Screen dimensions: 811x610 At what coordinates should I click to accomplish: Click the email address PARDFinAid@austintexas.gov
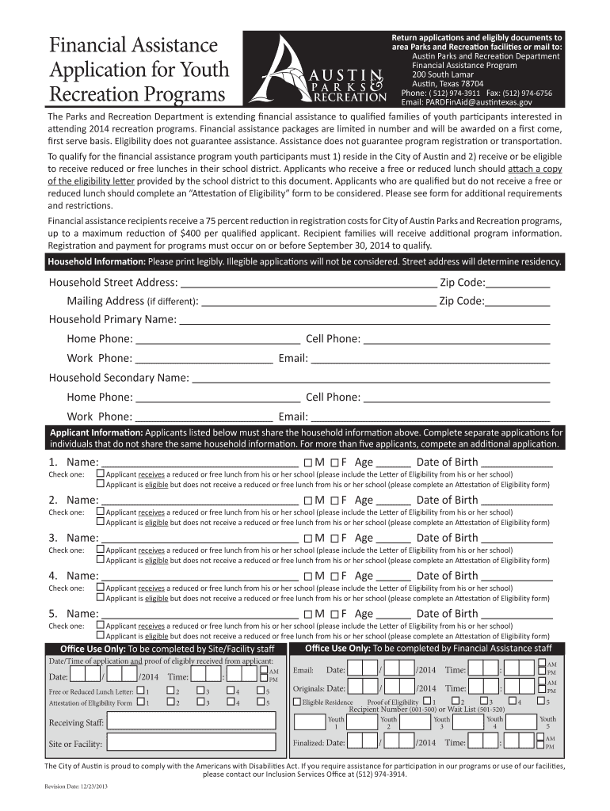coord(467,102)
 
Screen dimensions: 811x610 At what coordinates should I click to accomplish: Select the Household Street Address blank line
coord(308,284)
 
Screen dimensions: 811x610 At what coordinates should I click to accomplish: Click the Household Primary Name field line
coord(364,321)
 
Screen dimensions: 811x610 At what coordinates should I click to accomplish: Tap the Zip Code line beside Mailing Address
coord(518,303)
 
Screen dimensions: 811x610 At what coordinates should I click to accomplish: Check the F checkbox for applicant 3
coord(334,539)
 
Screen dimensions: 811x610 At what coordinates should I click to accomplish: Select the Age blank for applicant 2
coord(394,501)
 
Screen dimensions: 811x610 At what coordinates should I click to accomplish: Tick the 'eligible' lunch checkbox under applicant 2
coord(101,523)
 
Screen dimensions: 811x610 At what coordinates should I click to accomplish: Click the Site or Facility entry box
coord(194,744)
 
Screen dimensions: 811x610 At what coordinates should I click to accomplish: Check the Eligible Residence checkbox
coord(297,702)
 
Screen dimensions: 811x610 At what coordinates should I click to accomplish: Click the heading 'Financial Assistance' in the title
coord(132,45)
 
